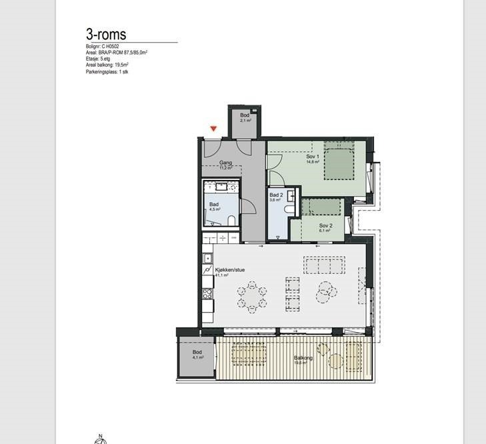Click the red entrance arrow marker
pos(213,129)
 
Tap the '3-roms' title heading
pos(106,34)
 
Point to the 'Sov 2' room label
pos(325,227)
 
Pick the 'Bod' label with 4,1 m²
pos(197,353)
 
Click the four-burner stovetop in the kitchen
pos(207,294)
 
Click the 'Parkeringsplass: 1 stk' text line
pos(107,71)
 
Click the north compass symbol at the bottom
pos(99,439)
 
